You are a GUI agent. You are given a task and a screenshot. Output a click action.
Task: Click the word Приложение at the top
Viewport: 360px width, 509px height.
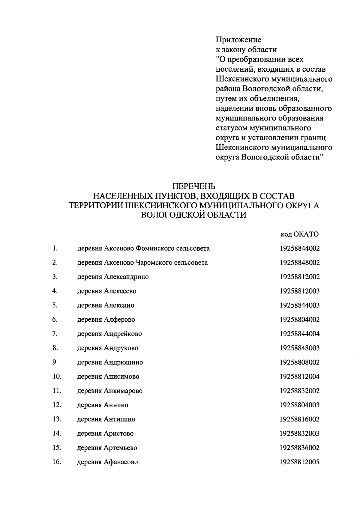coord(238,40)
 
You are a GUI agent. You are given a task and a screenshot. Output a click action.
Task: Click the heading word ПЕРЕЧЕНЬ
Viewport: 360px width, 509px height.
coord(194,186)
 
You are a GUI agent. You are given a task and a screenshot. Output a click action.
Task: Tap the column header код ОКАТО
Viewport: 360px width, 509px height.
coord(299,234)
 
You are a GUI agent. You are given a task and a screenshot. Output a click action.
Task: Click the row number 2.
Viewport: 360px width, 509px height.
coord(55,263)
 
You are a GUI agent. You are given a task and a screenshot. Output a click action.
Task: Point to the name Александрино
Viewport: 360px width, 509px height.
coord(126,277)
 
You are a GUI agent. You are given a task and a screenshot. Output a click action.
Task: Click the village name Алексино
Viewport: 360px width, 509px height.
coord(119,305)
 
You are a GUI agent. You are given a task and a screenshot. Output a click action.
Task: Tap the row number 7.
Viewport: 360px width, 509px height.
coord(55,334)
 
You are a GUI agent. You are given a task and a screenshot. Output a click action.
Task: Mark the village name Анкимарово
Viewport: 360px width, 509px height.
coord(123,391)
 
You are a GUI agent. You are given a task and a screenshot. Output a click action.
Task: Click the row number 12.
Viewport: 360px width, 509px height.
coord(57,405)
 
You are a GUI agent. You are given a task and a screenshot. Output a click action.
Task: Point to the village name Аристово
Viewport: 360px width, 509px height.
coord(118,434)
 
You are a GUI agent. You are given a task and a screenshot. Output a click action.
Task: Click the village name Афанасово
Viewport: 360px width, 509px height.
coord(121,462)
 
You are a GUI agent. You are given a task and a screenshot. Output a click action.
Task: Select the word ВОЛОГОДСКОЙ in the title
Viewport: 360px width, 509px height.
coord(173,215)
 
